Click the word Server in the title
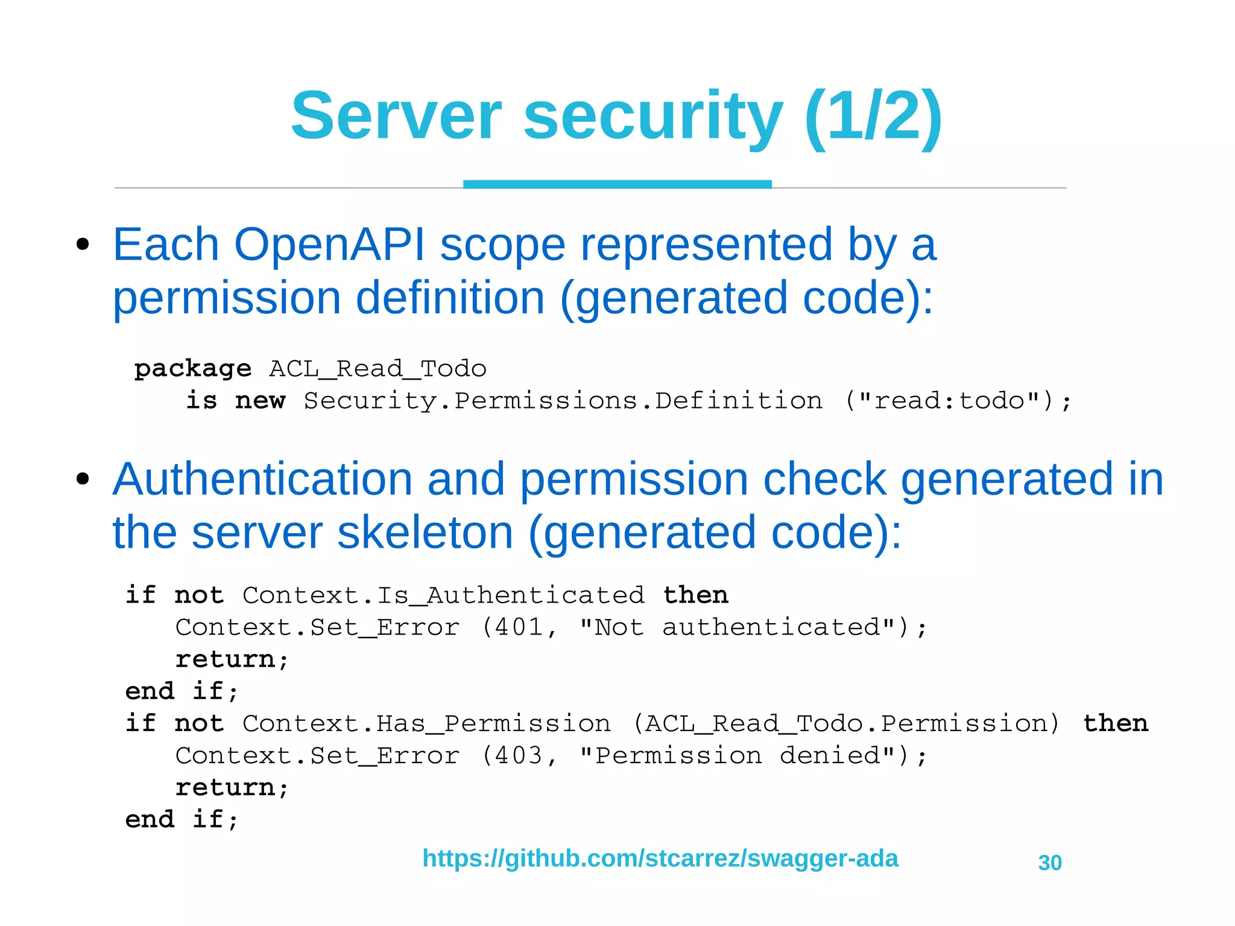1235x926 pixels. point(396,116)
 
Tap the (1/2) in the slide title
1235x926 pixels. point(873,116)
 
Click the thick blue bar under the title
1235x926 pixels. point(617,184)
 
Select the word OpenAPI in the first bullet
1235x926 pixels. point(329,245)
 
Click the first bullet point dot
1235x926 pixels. point(83,245)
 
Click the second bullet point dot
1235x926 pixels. point(83,480)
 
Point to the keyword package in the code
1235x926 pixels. point(192,369)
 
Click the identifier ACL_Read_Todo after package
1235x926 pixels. point(377,369)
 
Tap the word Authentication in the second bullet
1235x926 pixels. point(262,480)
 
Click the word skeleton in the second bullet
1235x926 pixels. point(425,533)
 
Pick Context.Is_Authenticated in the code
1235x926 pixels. point(443,595)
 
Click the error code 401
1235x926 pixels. point(518,627)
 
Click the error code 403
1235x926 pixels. point(518,755)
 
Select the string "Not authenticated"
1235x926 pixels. point(737,627)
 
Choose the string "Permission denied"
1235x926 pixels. point(737,755)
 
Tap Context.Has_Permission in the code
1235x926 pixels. point(426,723)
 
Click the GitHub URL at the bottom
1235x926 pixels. point(660,858)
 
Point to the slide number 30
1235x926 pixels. point(1050,863)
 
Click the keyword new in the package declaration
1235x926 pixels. point(260,401)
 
